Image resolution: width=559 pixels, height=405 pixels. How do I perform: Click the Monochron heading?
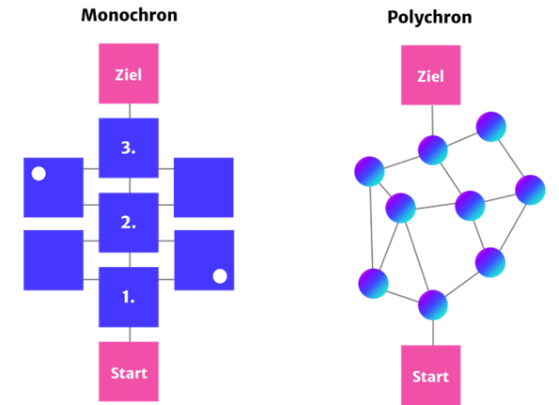(x=129, y=15)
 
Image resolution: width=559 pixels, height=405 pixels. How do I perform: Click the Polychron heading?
(x=429, y=18)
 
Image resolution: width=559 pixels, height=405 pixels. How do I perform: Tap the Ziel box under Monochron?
(x=129, y=73)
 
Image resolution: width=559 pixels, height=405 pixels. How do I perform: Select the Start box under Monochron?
(x=129, y=371)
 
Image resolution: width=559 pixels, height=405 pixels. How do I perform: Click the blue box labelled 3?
(x=129, y=148)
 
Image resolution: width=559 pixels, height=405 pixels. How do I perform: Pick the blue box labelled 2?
(x=129, y=223)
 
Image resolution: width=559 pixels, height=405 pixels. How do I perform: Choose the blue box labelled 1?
(x=129, y=297)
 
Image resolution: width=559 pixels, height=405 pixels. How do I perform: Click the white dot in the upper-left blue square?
(x=39, y=174)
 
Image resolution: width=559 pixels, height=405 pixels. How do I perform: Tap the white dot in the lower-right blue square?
(x=220, y=276)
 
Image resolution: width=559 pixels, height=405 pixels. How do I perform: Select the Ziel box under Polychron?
(x=431, y=75)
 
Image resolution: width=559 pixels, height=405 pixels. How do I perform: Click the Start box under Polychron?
(x=431, y=375)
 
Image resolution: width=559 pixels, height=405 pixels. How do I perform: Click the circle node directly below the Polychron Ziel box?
(x=433, y=150)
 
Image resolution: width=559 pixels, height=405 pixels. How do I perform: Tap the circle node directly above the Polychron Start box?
(x=433, y=305)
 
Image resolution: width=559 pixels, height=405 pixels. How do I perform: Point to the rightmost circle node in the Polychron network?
(x=530, y=190)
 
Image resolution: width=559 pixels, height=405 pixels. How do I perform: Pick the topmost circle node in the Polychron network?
(x=491, y=127)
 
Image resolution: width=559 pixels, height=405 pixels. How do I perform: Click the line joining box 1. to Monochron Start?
(x=130, y=335)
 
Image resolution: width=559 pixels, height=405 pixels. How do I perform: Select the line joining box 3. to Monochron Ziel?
(x=130, y=111)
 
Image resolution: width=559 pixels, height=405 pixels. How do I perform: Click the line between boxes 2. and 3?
(x=130, y=185)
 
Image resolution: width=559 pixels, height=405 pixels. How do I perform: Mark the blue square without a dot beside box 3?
(x=204, y=188)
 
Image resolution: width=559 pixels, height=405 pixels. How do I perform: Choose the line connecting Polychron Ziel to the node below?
(x=433, y=120)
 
